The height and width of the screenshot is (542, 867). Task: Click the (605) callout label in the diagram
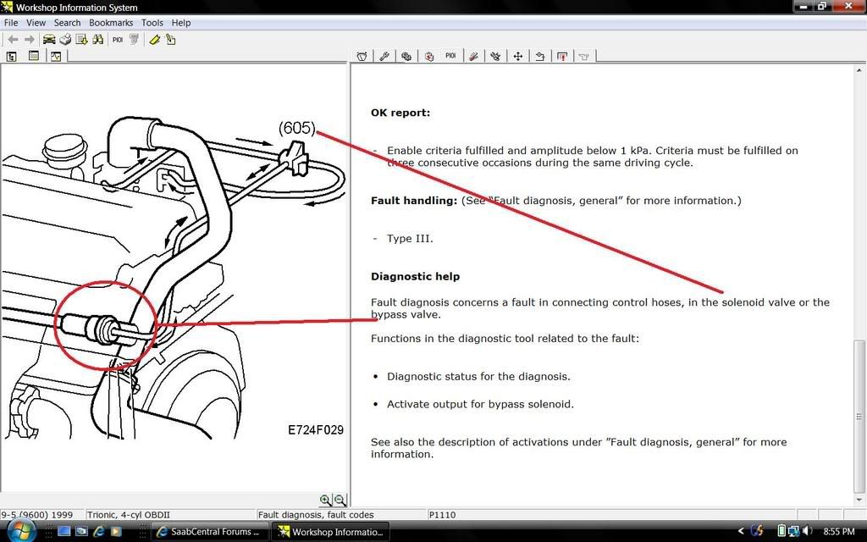click(296, 129)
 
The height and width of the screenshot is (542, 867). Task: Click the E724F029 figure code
click(315, 430)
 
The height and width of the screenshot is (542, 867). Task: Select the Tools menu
click(152, 23)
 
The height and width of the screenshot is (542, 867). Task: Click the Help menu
click(181, 23)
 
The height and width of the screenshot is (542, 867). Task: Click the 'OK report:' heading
click(400, 113)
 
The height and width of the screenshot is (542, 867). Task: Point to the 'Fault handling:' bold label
click(414, 201)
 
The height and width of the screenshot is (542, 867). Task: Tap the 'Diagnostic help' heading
click(415, 277)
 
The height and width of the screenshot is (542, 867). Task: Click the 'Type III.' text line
click(410, 239)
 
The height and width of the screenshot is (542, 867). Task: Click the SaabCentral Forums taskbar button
click(210, 532)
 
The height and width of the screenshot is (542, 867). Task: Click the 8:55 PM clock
click(838, 532)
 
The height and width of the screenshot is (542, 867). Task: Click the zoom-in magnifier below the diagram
click(325, 501)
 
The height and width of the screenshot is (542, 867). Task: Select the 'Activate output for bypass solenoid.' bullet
click(480, 404)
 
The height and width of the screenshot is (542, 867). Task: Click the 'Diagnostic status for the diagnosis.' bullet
click(478, 377)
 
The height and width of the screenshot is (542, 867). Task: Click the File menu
click(11, 23)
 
